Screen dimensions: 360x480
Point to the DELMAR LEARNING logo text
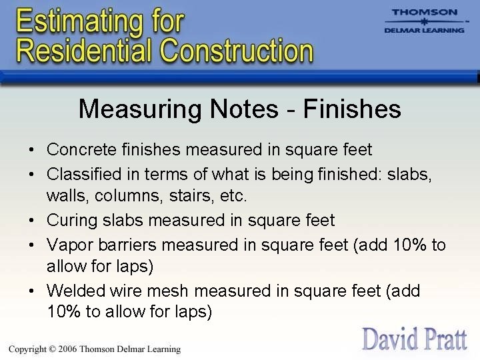[425, 31]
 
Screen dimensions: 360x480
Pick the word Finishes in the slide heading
[352, 109]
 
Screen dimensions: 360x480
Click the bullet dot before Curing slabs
[32, 221]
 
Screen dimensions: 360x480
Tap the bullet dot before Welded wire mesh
[32, 291]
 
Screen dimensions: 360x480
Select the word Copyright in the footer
[29, 349]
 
